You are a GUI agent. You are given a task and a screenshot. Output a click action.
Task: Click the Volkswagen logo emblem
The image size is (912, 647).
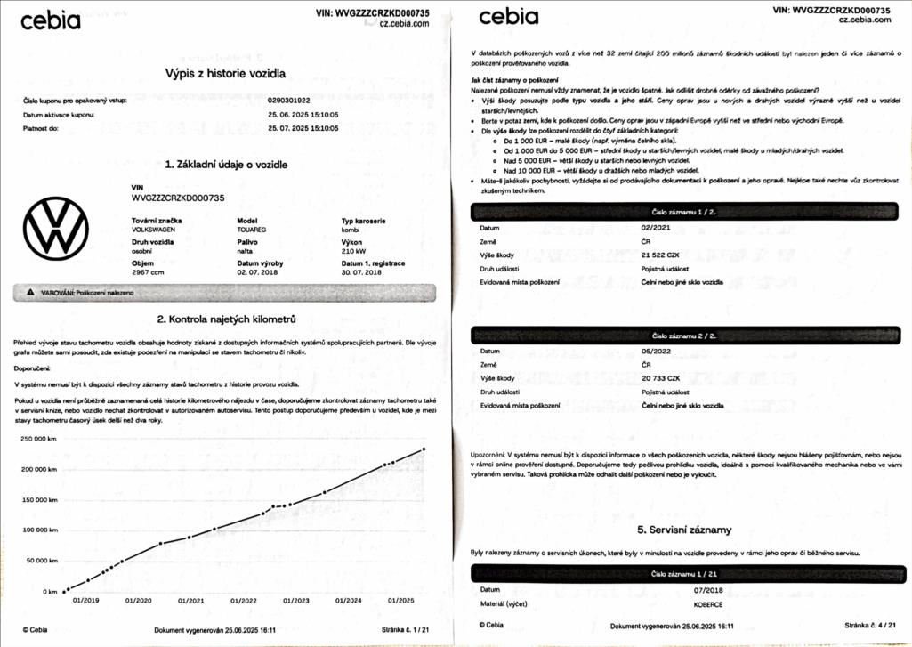click(x=56, y=230)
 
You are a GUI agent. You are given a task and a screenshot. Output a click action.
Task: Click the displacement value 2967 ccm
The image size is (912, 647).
click(x=148, y=272)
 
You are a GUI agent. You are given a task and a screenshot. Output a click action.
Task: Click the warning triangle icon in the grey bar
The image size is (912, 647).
click(x=30, y=292)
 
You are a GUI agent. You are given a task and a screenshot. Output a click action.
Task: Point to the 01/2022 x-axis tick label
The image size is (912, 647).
click(x=243, y=601)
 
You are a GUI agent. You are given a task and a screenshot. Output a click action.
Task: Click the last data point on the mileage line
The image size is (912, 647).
click(x=424, y=449)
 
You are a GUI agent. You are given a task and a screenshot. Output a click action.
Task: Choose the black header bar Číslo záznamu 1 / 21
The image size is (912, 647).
click(x=684, y=574)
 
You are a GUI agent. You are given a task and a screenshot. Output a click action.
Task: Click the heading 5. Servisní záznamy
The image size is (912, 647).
click(x=684, y=530)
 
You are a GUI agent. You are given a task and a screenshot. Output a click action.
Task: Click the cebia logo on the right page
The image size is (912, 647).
click(x=508, y=17)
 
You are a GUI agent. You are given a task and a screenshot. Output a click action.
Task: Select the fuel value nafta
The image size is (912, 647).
click(x=246, y=252)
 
